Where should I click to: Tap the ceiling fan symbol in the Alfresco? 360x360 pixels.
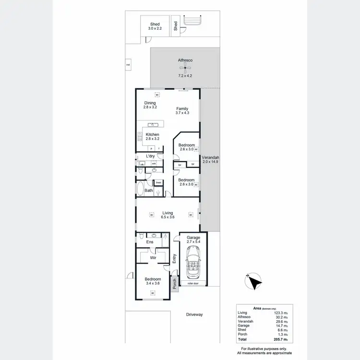(185, 68)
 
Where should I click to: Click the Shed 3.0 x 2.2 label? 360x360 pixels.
(155, 26)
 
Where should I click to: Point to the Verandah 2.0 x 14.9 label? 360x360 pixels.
(210, 160)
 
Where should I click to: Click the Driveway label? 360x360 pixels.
(195, 314)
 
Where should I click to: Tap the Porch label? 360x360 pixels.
(175, 284)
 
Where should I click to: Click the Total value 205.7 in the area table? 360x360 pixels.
(281, 339)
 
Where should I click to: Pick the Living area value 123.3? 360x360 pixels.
(281, 312)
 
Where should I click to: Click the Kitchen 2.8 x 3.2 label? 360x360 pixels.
(152, 136)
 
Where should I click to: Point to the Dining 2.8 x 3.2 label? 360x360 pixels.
(150, 105)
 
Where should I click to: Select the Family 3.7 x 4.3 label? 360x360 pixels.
(182, 110)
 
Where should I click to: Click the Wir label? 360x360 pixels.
(153, 258)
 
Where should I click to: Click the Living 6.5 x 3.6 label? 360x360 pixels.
(168, 215)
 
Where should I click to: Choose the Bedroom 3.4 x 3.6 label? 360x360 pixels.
(153, 281)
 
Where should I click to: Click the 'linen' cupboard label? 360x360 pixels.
(158, 182)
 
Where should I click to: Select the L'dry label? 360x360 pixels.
(150, 156)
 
